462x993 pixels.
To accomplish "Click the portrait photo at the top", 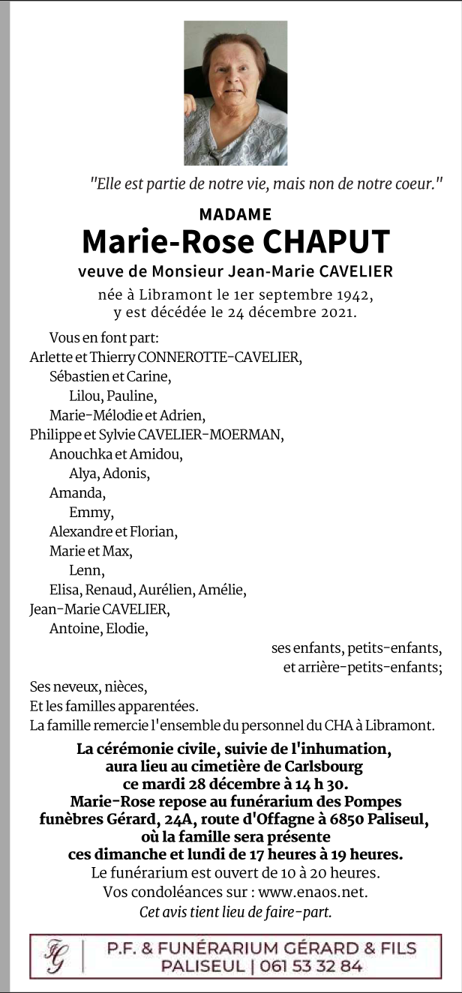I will [x=235, y=93].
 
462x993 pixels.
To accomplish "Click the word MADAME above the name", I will [x=235, y=215].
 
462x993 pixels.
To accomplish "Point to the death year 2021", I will [x=332, y=311].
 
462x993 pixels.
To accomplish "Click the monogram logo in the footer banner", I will [x=55, y=956].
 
